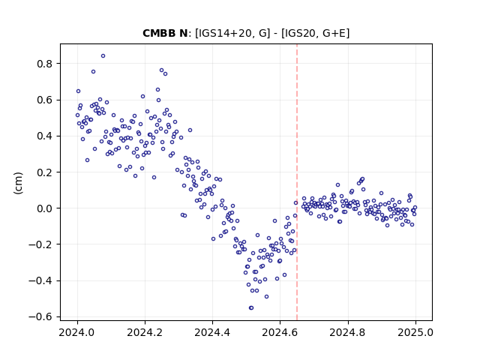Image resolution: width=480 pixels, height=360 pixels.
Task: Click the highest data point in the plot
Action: point(103,56)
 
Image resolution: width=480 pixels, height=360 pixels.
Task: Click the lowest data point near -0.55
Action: point(251,308)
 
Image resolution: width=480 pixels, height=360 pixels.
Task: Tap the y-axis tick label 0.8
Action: point(45,64)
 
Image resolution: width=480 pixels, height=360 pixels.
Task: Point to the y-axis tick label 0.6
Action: point(45,100)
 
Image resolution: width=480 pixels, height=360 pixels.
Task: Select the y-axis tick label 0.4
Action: point(45,136)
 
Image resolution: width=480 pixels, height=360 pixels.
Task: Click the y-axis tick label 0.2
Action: point(45,172)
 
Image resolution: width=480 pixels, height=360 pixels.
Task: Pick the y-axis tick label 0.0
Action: point(45,208)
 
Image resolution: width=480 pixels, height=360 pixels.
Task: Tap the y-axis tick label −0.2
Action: point(40,244)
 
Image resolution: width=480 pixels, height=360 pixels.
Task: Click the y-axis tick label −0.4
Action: point(40,280)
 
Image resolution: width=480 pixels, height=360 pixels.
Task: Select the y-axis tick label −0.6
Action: point(40,316)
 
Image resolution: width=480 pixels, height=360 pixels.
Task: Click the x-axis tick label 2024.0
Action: point(77,332)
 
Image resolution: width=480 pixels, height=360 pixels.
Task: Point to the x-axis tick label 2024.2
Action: point(145,332)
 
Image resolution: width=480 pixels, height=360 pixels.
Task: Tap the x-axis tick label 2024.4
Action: point(212,332)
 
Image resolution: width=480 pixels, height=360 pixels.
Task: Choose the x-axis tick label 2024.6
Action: point(280,332)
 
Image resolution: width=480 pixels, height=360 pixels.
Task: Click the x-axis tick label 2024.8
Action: point(348,332)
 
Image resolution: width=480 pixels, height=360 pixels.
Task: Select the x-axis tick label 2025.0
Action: point(415,332)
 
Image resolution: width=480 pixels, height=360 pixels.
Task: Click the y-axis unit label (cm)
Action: point(18,183)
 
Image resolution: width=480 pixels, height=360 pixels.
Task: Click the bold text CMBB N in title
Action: point(165,33)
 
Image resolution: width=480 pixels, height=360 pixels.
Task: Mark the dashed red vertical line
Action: point(297,182)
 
